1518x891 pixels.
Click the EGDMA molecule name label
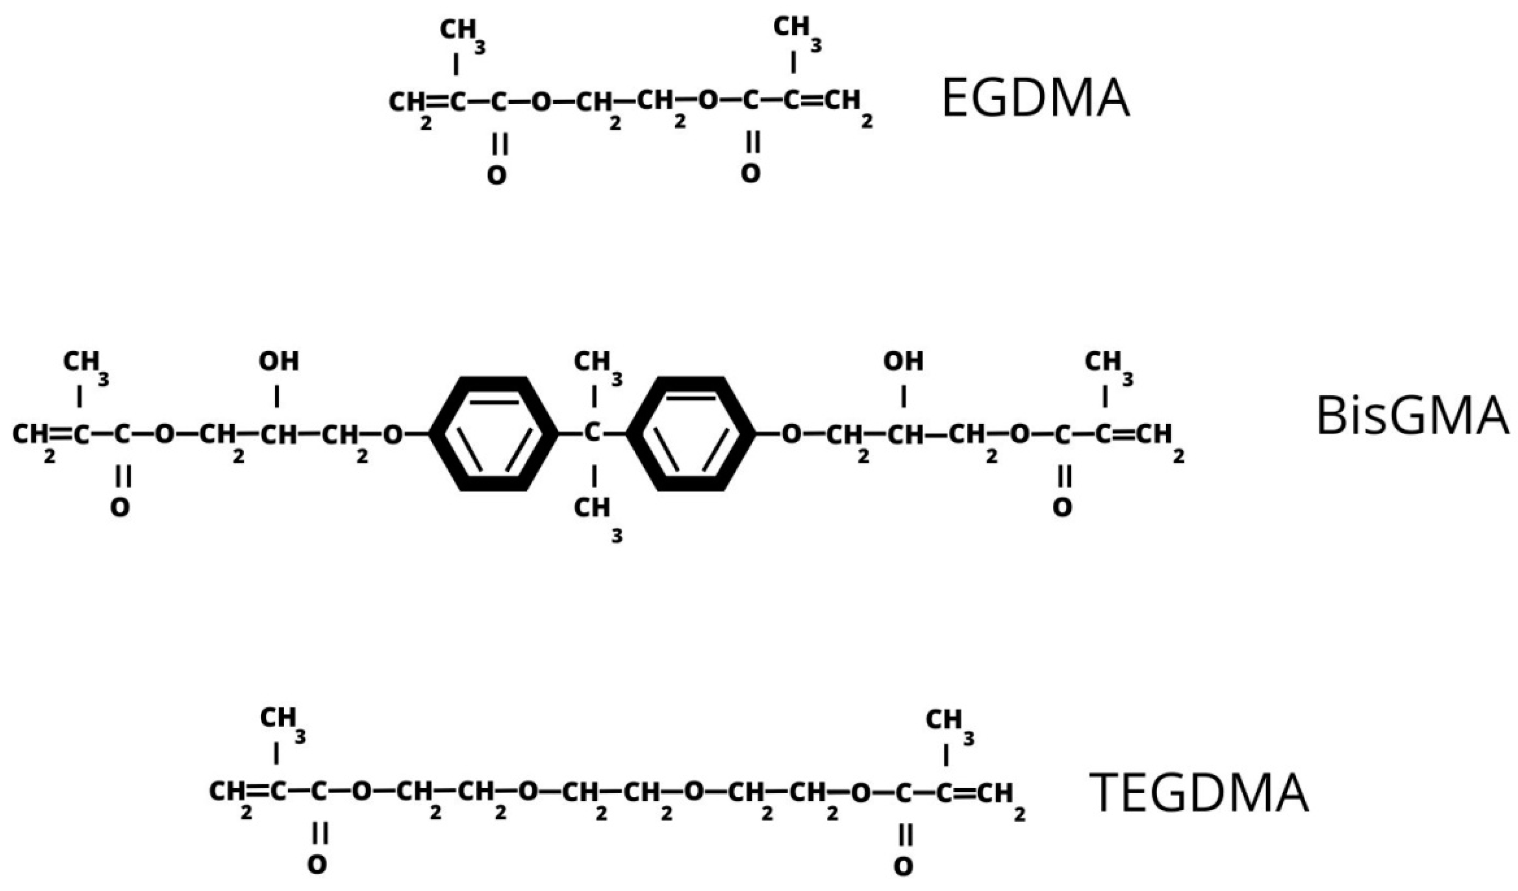pos(1035,99)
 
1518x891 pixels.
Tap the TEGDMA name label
pos(1199,794)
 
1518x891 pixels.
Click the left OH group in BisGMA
pos(278,361)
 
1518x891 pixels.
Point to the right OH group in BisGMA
pos(903,361)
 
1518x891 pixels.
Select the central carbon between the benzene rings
pos(593,432)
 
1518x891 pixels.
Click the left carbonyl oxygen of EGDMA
pos(497,175)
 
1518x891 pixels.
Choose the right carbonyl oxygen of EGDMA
pos(751,173)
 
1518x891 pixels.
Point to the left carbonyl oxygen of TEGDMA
pos(318,865)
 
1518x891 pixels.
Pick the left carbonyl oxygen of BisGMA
pos(120,508)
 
